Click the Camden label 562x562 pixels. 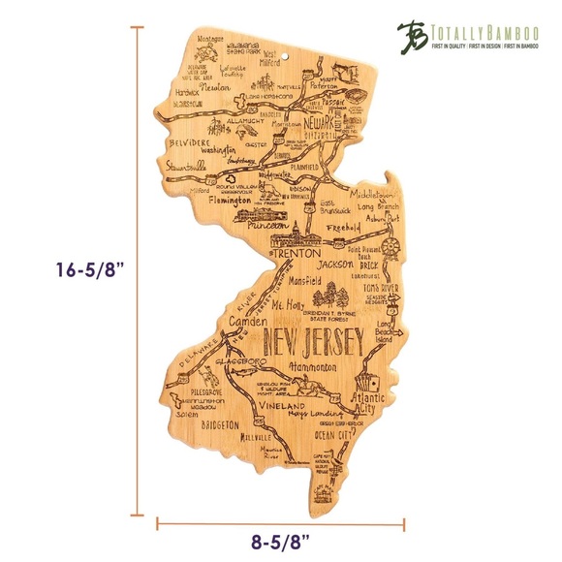click(x=243, y=321)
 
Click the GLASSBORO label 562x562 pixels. click(x=253, y=360)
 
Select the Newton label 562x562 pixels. click(x=222, y=85)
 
